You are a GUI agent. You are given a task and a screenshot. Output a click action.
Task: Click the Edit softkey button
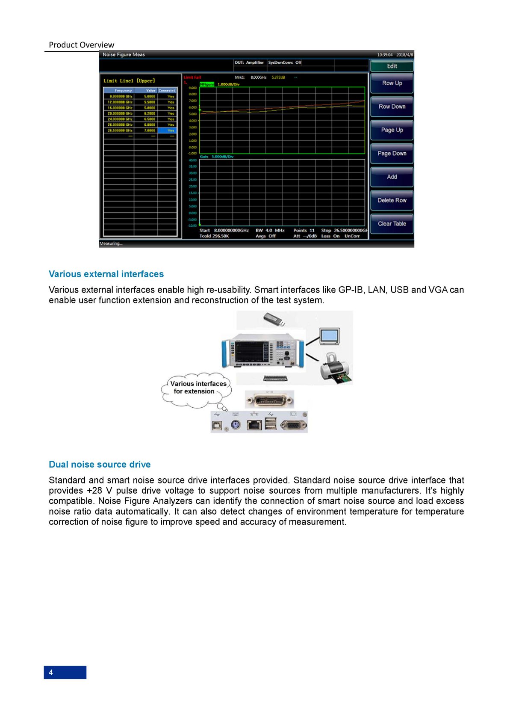(392, 66)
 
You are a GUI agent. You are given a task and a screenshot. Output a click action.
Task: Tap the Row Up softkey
(392, 83)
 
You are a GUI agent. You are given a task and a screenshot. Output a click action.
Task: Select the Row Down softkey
(392, 107)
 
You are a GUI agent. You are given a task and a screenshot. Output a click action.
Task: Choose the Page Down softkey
(392, 153)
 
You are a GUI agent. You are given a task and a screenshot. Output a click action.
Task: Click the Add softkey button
(392, 177)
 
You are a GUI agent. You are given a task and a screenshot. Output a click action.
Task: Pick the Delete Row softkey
(392, 200)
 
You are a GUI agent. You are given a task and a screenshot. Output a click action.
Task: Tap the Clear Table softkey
(392, 223)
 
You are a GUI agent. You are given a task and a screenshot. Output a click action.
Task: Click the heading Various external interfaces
(106, 274)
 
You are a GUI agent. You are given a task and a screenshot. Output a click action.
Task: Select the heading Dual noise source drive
(100, 464)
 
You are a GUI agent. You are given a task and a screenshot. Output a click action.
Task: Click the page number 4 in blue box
(65, 672)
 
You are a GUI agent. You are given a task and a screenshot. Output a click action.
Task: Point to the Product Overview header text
(81, 45)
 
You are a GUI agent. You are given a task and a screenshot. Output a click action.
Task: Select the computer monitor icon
(330, 336)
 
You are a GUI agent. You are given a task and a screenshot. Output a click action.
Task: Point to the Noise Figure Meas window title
(124, 55)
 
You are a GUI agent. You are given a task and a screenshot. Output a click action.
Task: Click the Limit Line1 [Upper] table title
(129, 80)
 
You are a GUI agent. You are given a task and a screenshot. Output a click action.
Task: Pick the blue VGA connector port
(293, 425)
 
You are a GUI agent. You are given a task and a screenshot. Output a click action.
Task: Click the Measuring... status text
(111, 243)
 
